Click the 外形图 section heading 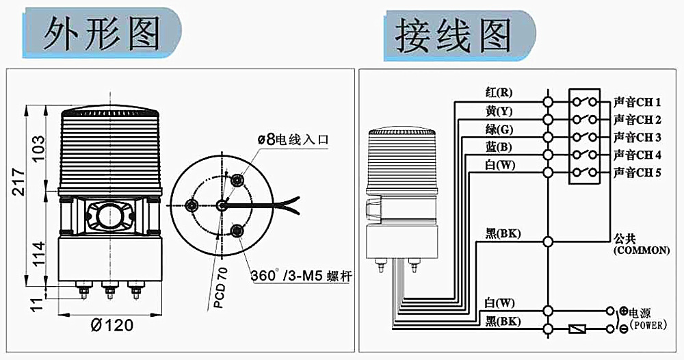[x=101, y=34]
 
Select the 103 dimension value [x=39, y=145]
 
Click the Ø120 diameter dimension [x=112, y=325]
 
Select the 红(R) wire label [x=498, y=92]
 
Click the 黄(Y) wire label [x=498, y=111]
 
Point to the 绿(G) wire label [x=498, y=129]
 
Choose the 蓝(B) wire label [x=498, y=147]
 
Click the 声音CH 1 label [x=637, y=103]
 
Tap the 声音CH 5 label [x=637, y=172]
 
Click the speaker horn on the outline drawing [x=109, y=216]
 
